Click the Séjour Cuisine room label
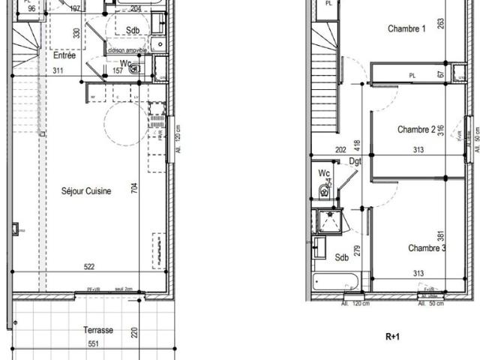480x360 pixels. click(86, 191)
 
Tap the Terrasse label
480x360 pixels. click(98, 330)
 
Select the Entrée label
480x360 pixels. click(64, 55)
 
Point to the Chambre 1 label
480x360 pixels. click(406, 29)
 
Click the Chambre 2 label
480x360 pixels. click(416, 129)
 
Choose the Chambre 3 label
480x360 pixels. click(427, 248)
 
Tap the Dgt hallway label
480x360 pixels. click(355, 160)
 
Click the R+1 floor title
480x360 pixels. click(392, 337)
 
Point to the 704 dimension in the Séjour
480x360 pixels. click(135, 188)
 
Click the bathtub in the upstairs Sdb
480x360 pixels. click(336, 283)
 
